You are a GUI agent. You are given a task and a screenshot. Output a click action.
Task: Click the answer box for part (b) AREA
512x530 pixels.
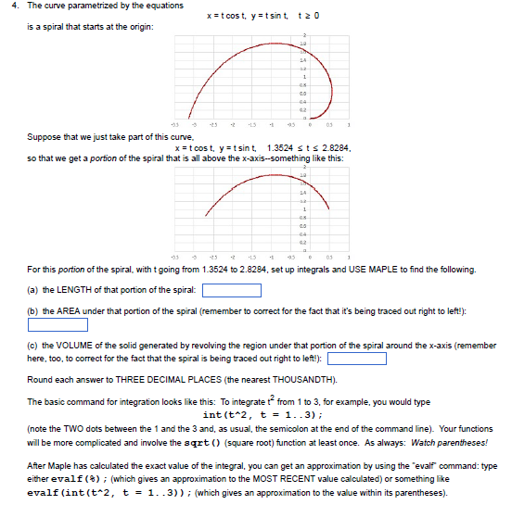(58, 325)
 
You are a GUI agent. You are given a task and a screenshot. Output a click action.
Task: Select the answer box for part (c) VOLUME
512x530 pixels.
(357, 360)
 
